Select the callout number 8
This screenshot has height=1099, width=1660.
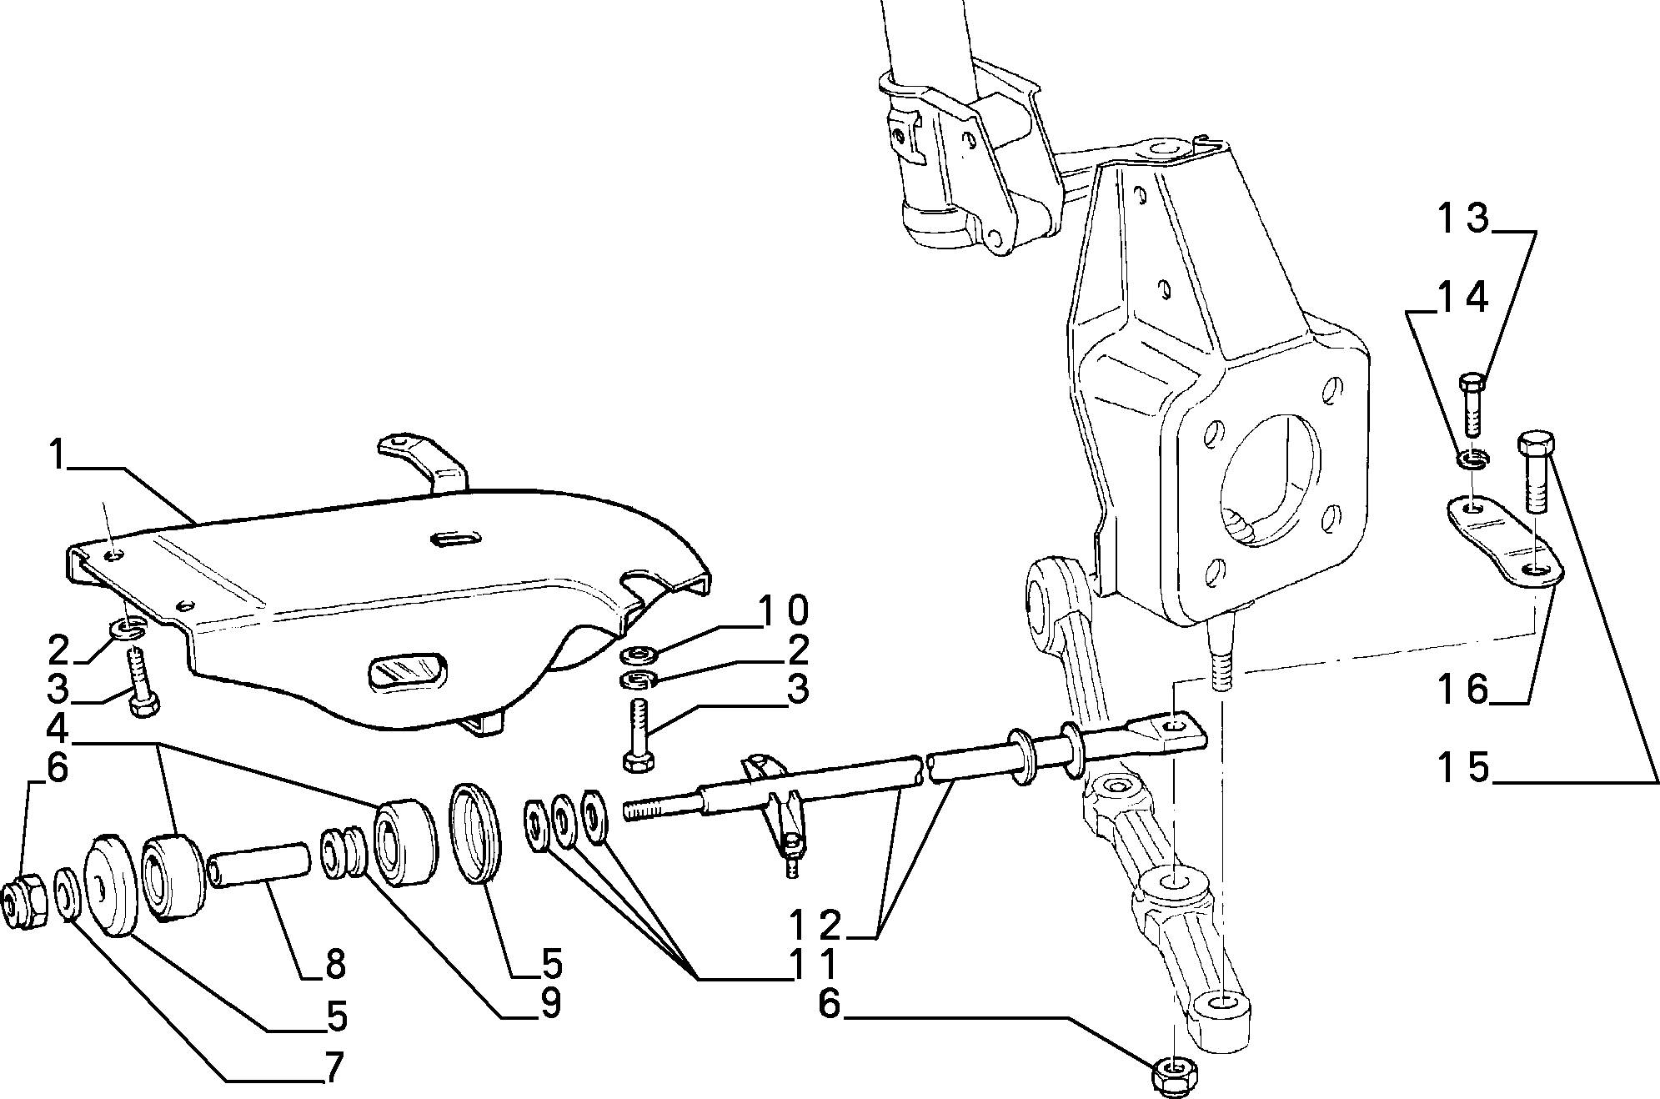tap(334, 965)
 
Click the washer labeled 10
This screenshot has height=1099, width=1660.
tap(639, 653)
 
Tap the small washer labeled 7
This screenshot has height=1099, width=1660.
tap(68, 895)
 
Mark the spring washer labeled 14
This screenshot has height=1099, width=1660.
tap(1473, 457)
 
